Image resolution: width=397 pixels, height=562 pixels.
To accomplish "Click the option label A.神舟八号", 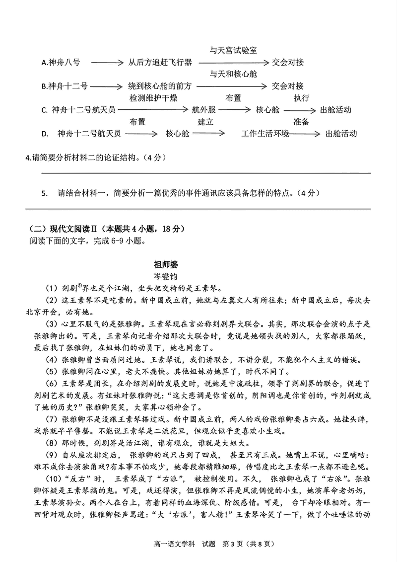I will click(61, 63).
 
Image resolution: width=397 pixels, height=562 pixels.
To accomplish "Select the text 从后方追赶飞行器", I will click(160, 63).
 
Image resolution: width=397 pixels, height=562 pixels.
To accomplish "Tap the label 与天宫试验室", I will click(233, 50).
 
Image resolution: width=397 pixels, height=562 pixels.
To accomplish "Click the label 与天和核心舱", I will click(233, 74).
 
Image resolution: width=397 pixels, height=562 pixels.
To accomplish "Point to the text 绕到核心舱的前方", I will click(160, 86).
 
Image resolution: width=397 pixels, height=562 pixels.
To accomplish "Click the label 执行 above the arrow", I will click(301, 97).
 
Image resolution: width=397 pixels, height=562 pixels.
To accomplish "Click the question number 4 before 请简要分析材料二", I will click(27, 158).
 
